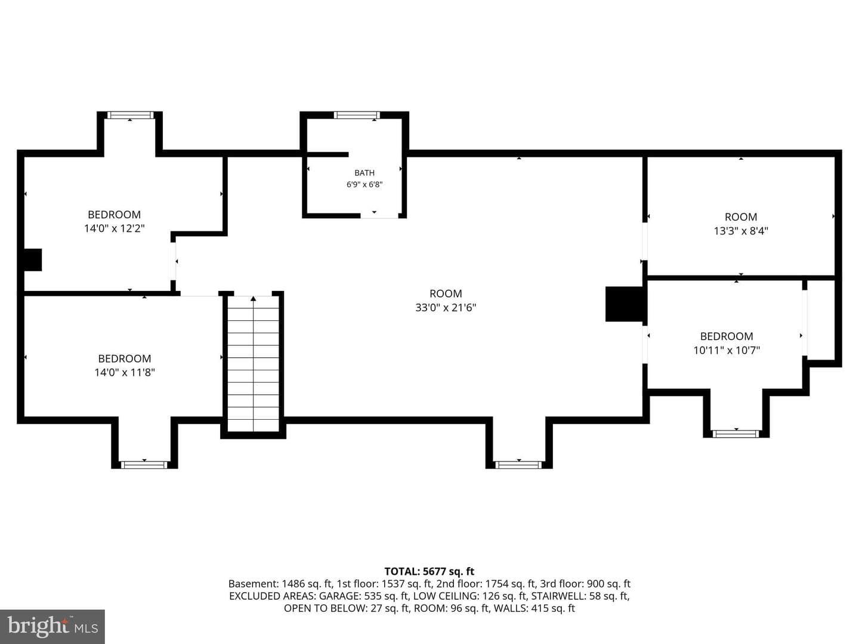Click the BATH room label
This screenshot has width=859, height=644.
364,173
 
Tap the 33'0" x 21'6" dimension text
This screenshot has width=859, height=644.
446,308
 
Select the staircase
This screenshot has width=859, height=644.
253,364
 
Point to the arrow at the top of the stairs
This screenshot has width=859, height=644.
253,299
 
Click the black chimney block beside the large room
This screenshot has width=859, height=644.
624,304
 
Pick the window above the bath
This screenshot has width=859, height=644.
357,115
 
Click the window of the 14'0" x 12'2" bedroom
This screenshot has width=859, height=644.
130,115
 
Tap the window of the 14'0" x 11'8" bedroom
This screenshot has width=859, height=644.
144,465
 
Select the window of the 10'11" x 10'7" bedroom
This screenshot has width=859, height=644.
736,434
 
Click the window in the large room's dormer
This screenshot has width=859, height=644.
518,465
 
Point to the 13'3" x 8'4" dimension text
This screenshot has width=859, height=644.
741,231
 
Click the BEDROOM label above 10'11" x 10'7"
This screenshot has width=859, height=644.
727,336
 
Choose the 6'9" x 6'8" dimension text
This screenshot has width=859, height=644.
364,185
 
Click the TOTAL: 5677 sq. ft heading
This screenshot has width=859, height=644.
429,572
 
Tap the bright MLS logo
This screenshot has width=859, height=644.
52,627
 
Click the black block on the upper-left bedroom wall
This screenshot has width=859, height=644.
33,259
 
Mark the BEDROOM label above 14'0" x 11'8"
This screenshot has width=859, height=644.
125,358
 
